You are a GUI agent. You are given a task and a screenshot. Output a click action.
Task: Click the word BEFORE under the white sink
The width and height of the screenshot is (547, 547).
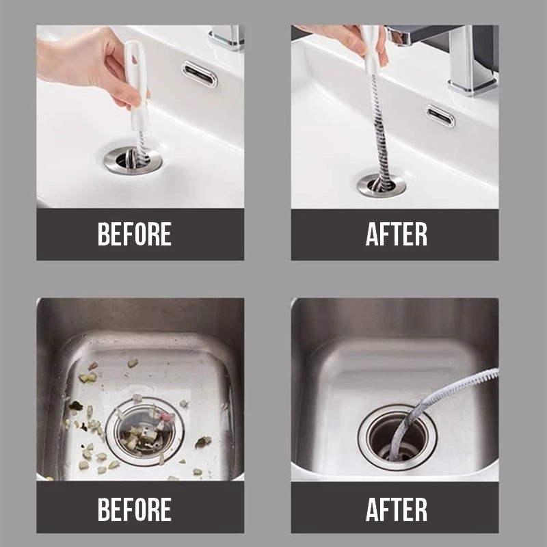(135, 234)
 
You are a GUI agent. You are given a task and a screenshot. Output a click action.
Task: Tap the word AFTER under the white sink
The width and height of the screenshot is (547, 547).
(397, 234)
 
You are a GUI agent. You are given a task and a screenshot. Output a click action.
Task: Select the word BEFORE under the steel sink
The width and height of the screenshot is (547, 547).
(135, 509)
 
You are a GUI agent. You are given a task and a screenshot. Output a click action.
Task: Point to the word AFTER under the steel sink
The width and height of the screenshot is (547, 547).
(397, 509)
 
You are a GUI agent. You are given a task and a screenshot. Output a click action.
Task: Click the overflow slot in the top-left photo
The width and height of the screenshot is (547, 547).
(200, 74)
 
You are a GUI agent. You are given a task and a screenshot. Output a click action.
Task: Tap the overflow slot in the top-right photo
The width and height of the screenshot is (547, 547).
(440, 116)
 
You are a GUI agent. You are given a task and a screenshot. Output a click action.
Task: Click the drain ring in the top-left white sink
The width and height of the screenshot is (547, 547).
(133, 161)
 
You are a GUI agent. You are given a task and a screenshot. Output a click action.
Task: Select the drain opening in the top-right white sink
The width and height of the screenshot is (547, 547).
(382, 185)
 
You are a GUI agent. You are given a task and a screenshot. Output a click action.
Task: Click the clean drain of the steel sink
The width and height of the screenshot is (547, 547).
(397, 437)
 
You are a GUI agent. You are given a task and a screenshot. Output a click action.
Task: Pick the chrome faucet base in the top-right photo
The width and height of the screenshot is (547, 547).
(472, 85)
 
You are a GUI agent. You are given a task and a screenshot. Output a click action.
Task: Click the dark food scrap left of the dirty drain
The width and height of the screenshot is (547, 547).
(75, 405)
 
